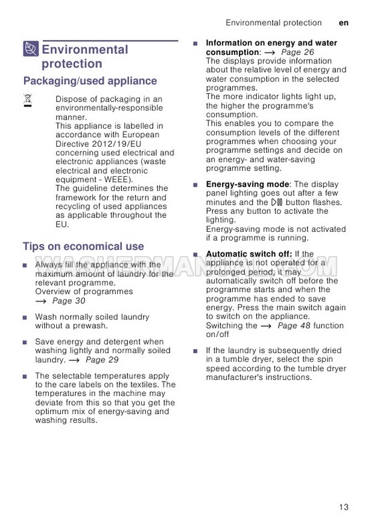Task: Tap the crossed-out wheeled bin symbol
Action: click(28, 100)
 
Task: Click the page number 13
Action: click(343, 507)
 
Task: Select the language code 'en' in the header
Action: click(344, 23)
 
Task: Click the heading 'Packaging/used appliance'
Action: click(90, 81)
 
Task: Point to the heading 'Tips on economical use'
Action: click(83, 246)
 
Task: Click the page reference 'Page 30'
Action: click(69, 301)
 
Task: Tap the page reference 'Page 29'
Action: click(102, 360)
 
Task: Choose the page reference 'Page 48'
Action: click(294, 325)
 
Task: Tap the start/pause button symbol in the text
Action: click(277, 202)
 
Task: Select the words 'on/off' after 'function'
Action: click(218, 335)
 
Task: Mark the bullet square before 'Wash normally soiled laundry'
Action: click(25, 317)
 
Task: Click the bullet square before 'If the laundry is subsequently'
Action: click(195, 351)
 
